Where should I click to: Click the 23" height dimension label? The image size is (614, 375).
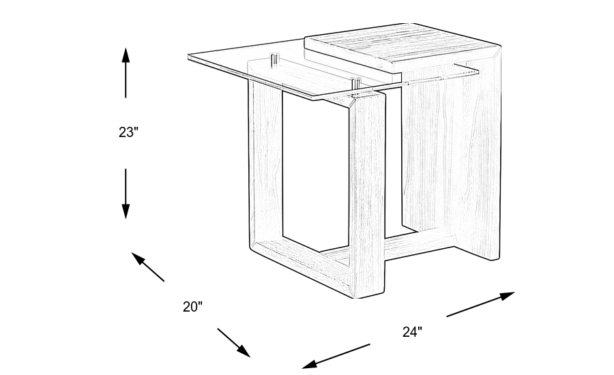pos(128,132)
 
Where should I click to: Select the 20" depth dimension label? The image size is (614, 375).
pos(193,307)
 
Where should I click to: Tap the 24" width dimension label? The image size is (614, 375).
pos(412,332)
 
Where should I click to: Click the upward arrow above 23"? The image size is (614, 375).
pos(126,72)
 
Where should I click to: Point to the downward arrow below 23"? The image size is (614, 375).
pos(126,194)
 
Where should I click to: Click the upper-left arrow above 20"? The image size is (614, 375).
pos(147,267)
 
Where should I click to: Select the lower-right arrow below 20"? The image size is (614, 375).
pos(234,342)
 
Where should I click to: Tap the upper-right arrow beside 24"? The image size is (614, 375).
pos(480,304)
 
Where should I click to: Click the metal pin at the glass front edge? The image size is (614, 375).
pos(355,85)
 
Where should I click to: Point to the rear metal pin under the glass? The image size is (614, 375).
pos(274,59)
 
